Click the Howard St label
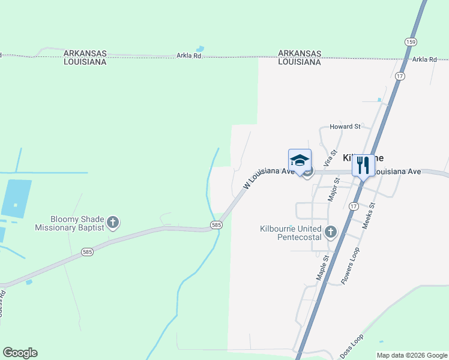[x=345, y=127]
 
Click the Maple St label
[x=323, y=267]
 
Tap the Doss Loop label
[x=352, y=347]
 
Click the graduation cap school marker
[x=300, y=161]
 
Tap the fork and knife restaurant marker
[x=363, y=165]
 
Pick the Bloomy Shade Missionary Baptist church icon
[x=112, y=223]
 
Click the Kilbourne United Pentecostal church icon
[x=330, y=232]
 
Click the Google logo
[x=20, y=353]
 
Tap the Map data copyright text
[x=412, y=356]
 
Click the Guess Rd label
[x=2, y=303]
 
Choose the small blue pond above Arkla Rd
[x=199, y=49]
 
